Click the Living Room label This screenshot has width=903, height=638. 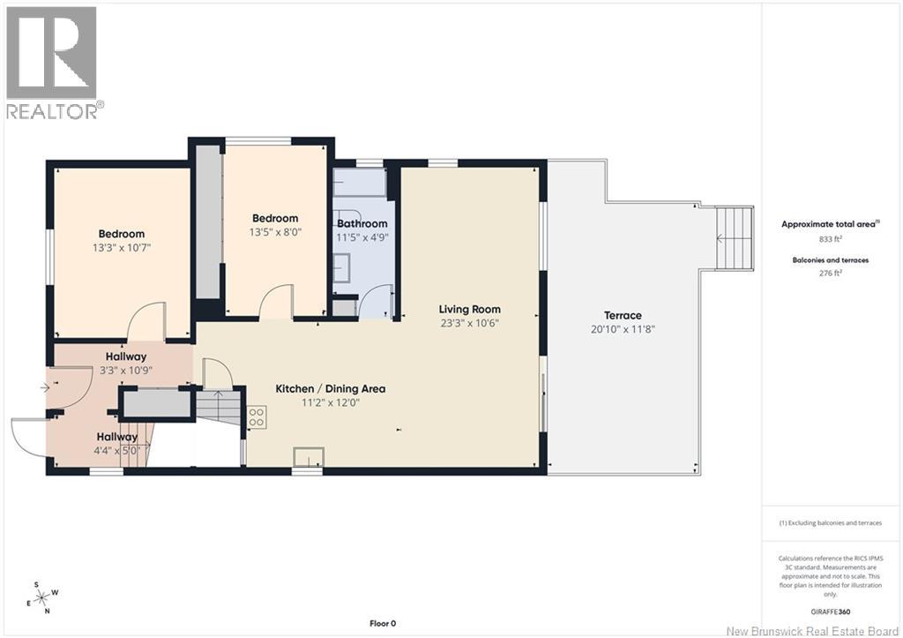[469, 309]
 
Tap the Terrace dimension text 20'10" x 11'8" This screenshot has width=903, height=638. [623, 329]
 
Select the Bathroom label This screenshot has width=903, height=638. [362, 223]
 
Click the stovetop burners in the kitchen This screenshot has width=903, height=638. [257, 417]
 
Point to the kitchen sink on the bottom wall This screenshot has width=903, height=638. [309, 457]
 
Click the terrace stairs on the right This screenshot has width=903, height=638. [735, 238]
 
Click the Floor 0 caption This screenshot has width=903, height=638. [383, 623]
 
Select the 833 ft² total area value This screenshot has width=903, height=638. [831, 238]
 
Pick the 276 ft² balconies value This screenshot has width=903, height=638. [831, 274]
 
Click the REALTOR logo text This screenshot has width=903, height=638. [56, 110]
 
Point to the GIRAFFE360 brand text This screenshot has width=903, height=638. [830, 612]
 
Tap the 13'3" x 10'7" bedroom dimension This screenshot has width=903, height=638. [122, 248]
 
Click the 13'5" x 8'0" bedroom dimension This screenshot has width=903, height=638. [275, 232]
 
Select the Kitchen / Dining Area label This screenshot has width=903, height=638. [331, 388]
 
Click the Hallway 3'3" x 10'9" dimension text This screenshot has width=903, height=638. [126, 371]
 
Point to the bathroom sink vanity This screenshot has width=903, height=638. [341, 267]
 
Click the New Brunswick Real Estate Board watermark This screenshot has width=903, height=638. [813, 631]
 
